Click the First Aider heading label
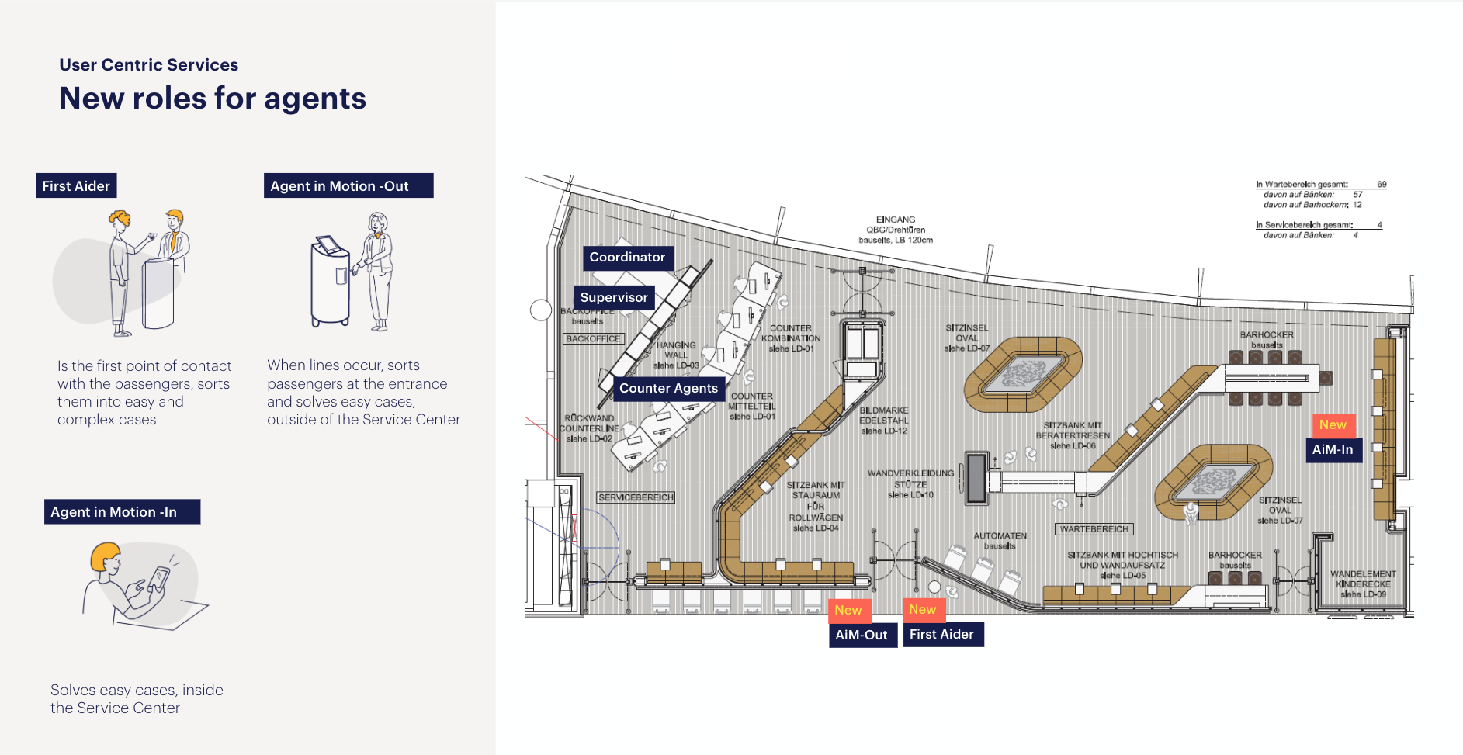(x=76, y=186)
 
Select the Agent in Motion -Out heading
(x=348, y=186)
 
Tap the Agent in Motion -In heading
(x=122, y=512)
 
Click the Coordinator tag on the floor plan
(x=627, y=258)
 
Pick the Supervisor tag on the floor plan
(x=614, y=298)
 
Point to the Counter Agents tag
(x=668, y=389)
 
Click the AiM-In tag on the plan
(x=1333, y=450)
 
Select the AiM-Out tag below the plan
(x=862, y=636)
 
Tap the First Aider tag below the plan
(x=941, y=635)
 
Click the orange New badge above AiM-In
(x=1333, y=425)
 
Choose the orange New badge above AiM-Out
(x=848, y=611)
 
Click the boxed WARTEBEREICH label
(x=1094, y=529)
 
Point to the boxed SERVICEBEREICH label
(x=636, y=497)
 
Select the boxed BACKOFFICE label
(x=593, y=339)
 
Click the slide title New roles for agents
(x=213, y=99)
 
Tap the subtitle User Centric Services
(x=149, y=65)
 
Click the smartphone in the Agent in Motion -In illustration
(x=158, y=579)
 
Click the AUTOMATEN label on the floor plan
(x=1000, y=536)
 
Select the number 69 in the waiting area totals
(x=1382, y=185)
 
